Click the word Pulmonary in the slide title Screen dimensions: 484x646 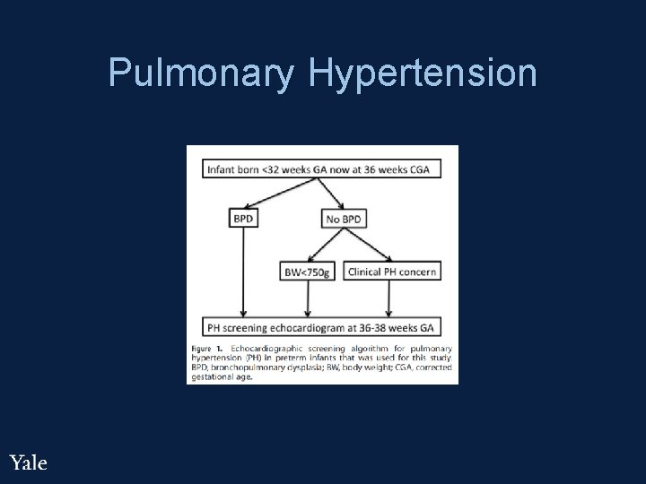200,73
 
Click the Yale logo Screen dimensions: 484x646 28,462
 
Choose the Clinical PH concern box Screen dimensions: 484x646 391,272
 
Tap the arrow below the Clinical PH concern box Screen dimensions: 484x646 391,298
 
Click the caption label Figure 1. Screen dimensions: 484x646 207,347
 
